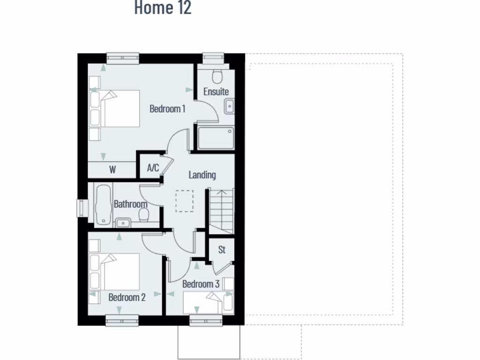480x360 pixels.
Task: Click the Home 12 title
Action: click(x=163, y=8)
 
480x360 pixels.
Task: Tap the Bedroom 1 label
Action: click(x=167, y=109)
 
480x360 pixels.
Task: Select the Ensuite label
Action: click(x=216, y=91)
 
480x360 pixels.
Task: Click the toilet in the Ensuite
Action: click(x=217, y=76)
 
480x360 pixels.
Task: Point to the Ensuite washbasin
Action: click(x=229, y=106)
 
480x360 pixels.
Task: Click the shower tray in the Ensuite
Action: click(x=216, y=138)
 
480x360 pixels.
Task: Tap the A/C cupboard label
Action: click(x=153, y=168)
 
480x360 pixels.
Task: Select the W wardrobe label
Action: click(x=112, y=170)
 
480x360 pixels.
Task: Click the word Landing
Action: click(x=202, y=175)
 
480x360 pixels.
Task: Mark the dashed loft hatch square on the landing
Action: click(x=184, y=201)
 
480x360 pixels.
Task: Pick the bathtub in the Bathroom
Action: click(x=103, y=205)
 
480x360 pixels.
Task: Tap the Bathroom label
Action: click(x=131, y=204)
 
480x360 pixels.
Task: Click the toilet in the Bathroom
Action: click(x=144, y=216)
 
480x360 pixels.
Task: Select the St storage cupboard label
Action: click(x=222, y=250)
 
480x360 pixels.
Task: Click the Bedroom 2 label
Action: click(x=127, y=297)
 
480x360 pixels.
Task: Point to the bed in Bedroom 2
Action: click(x=116, y=272)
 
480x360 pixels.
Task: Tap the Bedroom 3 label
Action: click(x=201, y=284)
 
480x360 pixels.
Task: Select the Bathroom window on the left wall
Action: click(x=82, y=208)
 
